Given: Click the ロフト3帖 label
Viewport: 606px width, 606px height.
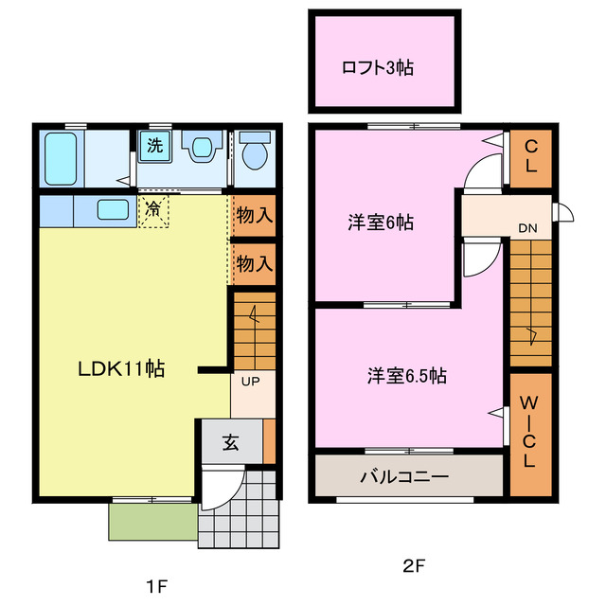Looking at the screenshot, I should (x=379, y=67).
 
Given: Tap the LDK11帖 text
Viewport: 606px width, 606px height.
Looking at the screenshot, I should (x=121, y=369).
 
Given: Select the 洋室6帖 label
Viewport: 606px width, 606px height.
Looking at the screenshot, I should (x=380, y=223).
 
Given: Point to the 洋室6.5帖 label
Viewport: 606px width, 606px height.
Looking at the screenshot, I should (x=407, y=376).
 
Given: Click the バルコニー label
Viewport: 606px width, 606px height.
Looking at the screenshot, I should (x=403, y=476).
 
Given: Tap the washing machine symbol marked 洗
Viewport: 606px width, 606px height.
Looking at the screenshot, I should (x=152, y=146).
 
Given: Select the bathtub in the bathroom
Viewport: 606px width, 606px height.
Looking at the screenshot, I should (x=64, y=158).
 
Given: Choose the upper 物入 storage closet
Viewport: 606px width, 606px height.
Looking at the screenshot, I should (x=254, y=215).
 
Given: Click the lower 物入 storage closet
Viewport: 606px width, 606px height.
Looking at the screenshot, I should (x=254, y=262).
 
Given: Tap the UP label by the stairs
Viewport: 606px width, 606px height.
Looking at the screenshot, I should (x=251, y=382).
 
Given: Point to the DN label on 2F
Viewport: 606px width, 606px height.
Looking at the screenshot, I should (x=526, y=227).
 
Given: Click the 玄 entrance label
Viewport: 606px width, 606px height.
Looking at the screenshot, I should (x=230, y=442).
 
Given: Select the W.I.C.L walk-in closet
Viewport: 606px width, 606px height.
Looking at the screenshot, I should (x=529, y=432).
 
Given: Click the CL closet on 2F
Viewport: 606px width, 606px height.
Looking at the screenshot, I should (x=531, y=155).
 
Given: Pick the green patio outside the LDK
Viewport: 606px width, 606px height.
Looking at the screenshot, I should (x=152, y=521).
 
